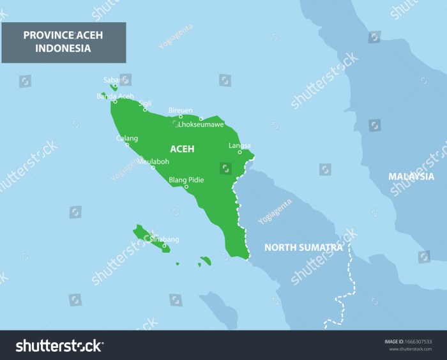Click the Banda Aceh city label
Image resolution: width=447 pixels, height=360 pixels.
(x=115, y=96)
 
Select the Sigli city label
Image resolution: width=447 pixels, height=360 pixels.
(x=146, y=103)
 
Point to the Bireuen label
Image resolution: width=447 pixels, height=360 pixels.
(x=181, y=110)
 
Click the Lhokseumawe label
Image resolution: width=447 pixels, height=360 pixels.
(x=201, y=124)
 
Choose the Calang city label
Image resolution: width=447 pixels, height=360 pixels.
(x=126, y=138)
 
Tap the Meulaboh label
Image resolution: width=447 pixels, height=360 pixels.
(x=153, y=161)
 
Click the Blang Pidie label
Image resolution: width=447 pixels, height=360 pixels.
(x=186, y=180)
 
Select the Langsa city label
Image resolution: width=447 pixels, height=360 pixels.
(x=239, y=146)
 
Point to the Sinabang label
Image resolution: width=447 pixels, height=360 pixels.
(x=164, y=239)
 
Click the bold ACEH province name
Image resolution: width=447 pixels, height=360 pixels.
(x=182, y=149)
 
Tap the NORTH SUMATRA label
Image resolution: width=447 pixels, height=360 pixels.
(x=303, y=247)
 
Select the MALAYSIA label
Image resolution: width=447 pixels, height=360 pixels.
(x=411, y=176)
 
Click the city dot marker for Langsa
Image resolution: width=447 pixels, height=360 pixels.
(x=240, y=152)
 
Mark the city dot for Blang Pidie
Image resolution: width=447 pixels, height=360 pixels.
(x=186, y=186)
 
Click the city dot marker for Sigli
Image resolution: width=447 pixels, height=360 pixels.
(x=145, y=109)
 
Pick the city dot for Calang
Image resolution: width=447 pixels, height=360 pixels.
(x=126, y=144)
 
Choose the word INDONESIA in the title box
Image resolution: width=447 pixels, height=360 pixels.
(x=63, y=48)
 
